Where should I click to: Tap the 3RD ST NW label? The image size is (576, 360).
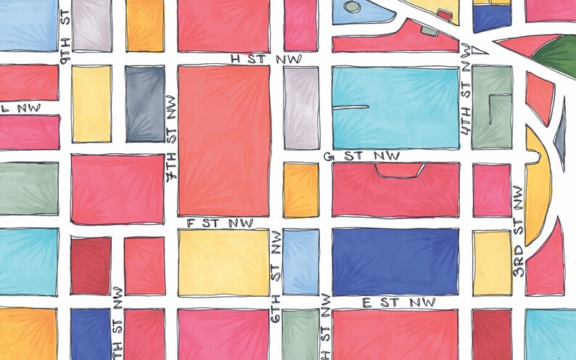(x=517, y=231)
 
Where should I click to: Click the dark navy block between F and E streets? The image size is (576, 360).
(x=395, y=261)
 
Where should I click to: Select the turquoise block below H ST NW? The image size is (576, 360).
(x=395, y=107)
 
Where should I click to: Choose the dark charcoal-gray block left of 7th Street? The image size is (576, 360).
(x=145, y=103)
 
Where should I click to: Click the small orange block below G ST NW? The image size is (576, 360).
(x=300, y=189)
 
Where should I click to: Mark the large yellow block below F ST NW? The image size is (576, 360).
(x=223, y=262)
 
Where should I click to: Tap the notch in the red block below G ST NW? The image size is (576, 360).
(x=400, y=170)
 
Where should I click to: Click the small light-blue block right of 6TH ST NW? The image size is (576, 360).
(x=300, y=261)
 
